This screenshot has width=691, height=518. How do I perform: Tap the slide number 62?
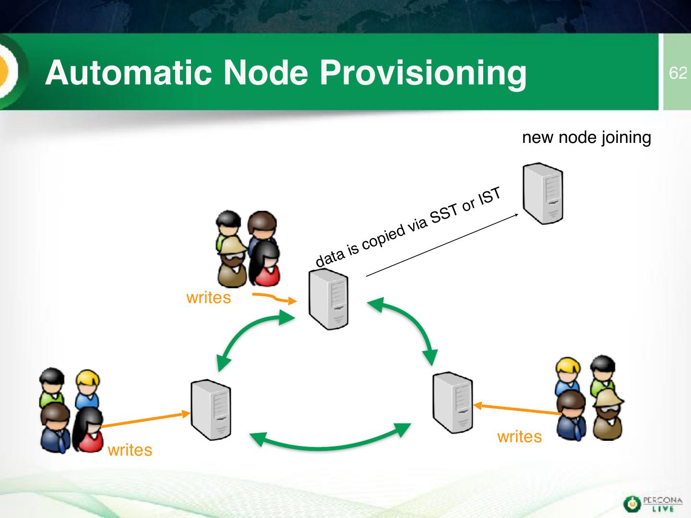[678, 73]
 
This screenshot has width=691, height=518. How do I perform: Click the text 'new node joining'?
[586, 138]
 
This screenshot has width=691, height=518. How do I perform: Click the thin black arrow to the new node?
[441, 245]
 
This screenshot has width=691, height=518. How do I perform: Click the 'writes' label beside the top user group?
[208, 298]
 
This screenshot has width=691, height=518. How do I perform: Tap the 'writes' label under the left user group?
[130, 450]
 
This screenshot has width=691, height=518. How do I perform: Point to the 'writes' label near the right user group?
[519, 437]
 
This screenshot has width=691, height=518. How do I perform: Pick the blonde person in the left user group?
[87, 388]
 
